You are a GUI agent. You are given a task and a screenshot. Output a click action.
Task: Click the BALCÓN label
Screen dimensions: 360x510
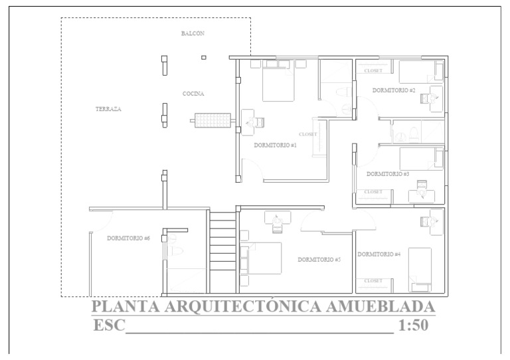click(x=193, y=33)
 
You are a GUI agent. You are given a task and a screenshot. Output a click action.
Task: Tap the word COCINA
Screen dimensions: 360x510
click(x=193, y=94)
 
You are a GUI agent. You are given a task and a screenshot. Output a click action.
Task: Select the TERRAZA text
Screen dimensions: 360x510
click(x=108, y=108)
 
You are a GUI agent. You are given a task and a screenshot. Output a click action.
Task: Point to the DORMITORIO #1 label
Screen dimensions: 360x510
click(x=275, y=144)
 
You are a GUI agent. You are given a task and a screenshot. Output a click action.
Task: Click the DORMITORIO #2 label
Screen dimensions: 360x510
click(x=394, y=90)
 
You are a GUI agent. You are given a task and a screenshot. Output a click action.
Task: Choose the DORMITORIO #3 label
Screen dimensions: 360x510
click(x=388, y=173)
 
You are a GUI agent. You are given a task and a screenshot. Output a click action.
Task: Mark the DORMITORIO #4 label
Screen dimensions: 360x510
click(x=379, y=254)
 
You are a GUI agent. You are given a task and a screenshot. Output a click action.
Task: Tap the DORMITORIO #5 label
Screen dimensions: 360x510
click(x=319, y=259)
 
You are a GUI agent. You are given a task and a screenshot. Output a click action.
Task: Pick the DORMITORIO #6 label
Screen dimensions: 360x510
click(x=128, y=238)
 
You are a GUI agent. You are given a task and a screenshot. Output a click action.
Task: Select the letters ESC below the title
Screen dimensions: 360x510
click(x=108, y=325)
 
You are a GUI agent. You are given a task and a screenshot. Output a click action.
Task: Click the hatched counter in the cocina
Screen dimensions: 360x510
click(x=212, y=121)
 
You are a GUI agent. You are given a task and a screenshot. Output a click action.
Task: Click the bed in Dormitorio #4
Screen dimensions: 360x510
click(x=420, y=269)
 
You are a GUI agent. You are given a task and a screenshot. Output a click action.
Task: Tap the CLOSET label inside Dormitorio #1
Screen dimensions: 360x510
click(x=308, y=134)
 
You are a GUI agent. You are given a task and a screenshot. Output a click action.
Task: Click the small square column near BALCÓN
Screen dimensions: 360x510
click(x=203, y=58)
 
